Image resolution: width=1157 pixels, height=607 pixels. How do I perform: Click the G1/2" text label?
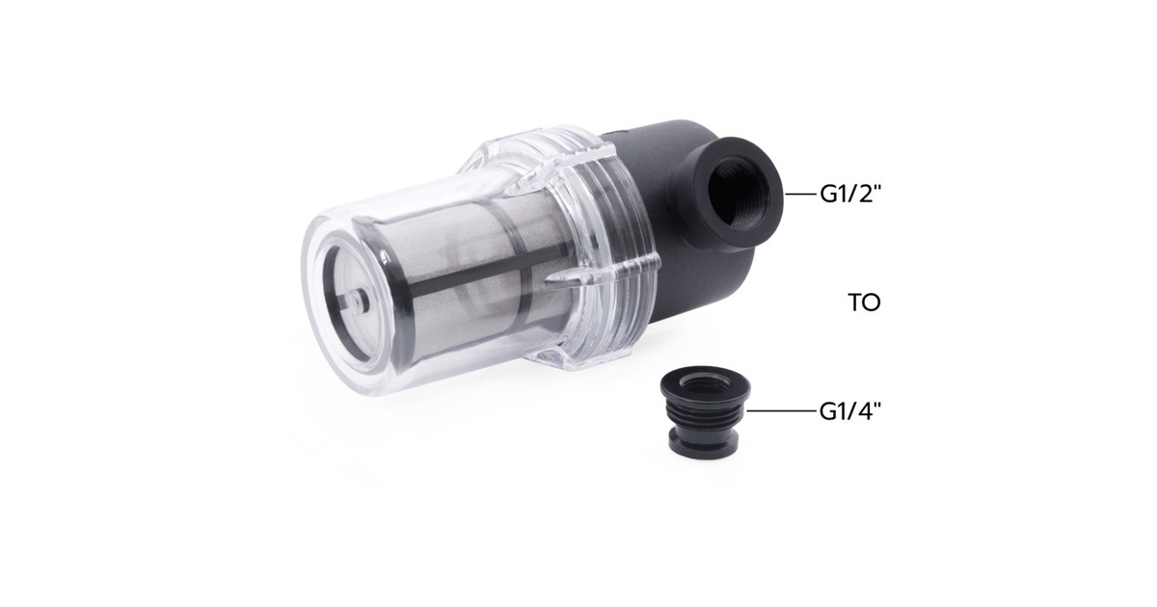(x=851, y=195)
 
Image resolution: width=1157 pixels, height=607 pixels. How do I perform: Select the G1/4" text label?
(x=851, y=411)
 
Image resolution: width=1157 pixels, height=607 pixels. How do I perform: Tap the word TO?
(x=864, y=303)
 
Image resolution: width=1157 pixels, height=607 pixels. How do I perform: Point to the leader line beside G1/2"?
(x=800, y=195)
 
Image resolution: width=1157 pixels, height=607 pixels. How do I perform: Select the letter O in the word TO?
(x=872, y=303)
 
